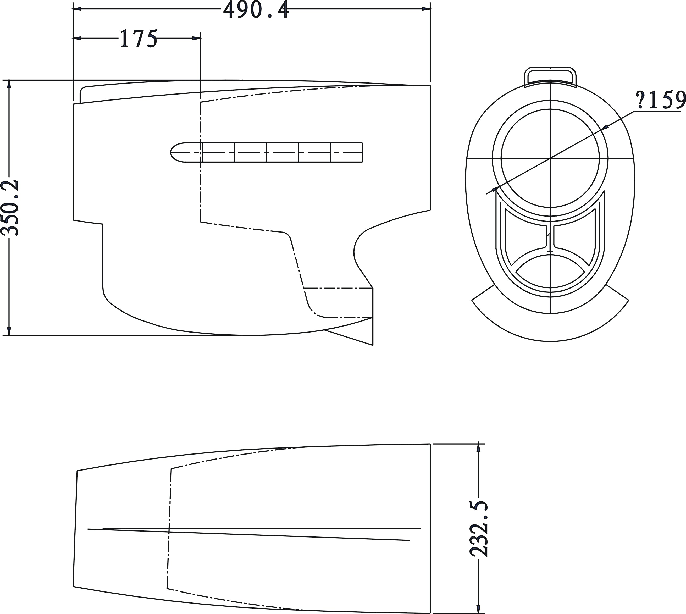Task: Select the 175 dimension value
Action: tap(138, 38)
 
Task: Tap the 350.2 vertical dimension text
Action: tap(9, 207)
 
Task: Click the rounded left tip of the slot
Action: tap(175, 152)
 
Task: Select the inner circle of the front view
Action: tap(550, 158)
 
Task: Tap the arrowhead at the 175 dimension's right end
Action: tap(197, 38)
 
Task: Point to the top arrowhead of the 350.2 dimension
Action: tap(9, 83)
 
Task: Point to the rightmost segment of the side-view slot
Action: tap(346, 152)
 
